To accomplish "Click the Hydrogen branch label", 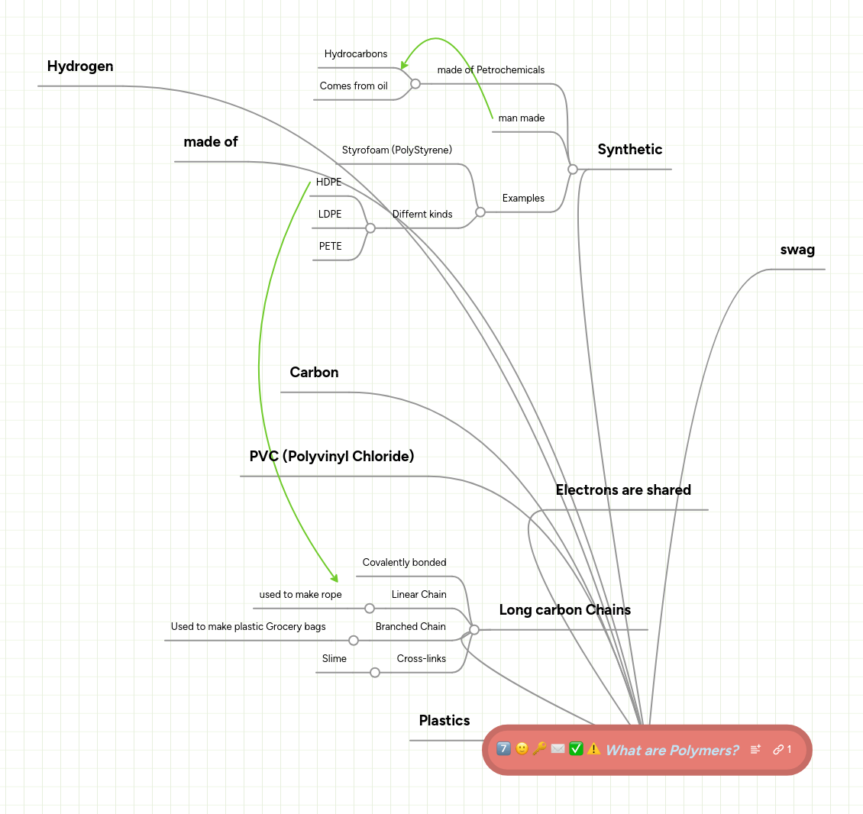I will pos(80,66).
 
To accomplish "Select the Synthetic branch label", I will pos(629,150).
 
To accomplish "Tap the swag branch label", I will pos(797,250).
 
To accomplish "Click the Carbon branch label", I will pos(314,373).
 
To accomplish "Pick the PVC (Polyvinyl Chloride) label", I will pos(331,457).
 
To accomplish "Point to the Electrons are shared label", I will pos(623,490).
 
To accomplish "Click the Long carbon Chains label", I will pos(564,610).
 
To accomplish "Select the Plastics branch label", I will pos(444,721).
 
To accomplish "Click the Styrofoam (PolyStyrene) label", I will pos(396,150).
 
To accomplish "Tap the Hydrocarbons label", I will pos(355,54).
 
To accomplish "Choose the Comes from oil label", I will pos(353,86).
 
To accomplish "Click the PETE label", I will pos(330,247).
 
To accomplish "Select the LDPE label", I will pos(330,215).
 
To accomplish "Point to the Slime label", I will pos(334,659).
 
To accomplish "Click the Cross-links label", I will pos(421,659).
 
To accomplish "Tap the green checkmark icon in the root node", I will pos(576,749).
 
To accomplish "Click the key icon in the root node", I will pos(539,749).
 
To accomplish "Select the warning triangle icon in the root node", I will pos(593,749).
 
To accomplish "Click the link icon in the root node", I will pos(778,750).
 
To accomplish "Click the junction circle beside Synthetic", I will pos(573,170).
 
